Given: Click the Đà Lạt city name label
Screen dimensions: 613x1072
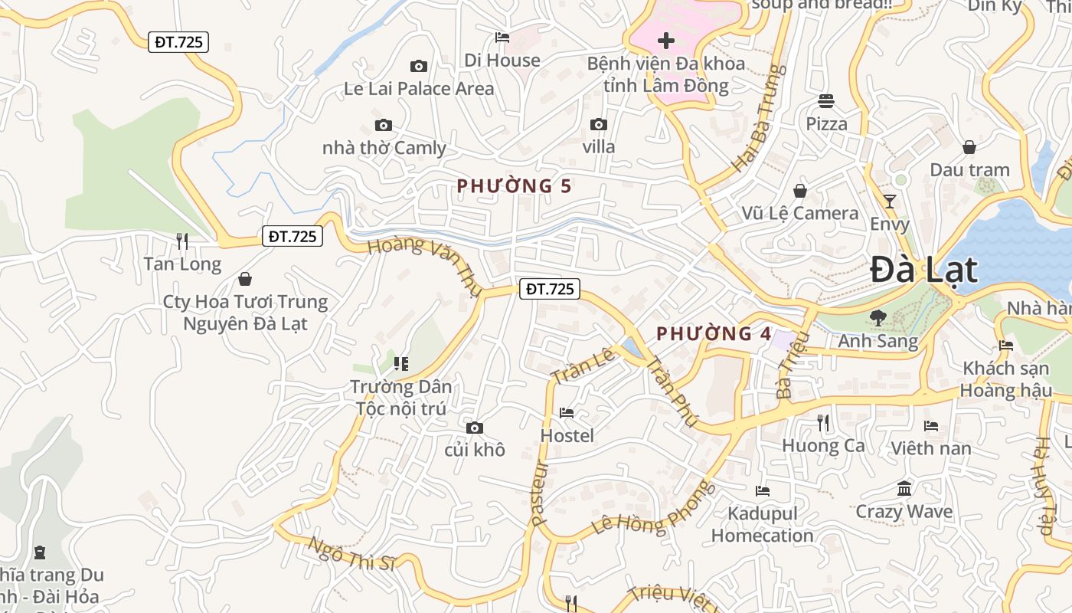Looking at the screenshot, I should (x=923, y=270).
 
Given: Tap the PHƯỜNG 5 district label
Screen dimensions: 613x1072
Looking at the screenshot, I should (x=515, y=186).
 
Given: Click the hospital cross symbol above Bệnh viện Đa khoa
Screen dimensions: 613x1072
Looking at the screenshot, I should (x=666, y=40).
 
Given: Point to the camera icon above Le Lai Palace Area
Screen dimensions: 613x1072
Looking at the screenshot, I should (x=418, y=67).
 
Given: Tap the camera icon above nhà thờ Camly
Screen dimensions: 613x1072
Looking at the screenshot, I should (x=383, y=126).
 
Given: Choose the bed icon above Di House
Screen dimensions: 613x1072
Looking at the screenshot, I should (x=502, y=37).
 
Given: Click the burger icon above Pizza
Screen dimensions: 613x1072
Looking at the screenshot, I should (x=825, y=100).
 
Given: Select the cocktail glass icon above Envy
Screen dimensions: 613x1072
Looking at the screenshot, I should (x=889, y=202).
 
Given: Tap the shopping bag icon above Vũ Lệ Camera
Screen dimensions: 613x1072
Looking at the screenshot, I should (x=800, y=191).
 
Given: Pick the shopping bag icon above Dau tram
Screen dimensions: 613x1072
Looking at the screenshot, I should (x=969, y=147).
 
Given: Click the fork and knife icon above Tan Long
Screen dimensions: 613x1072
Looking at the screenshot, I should (x=182, y=241).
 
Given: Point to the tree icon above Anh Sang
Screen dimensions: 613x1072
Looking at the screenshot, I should (x=878, y=317).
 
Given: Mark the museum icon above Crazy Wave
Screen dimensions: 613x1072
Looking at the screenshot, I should (x=904, y=488).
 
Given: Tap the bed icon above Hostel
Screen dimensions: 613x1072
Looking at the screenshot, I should (x=567, y=413).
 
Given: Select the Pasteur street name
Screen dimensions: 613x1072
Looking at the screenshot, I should (x=540, y=493).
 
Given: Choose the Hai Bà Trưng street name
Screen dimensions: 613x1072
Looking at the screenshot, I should (x=759, y=118).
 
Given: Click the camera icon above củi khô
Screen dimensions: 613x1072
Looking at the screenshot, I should (x=475, y=428).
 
